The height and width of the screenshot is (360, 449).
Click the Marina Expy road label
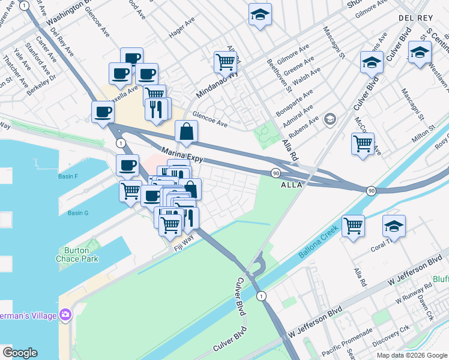coord(182,155)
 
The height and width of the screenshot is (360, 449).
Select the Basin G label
coord(78,213)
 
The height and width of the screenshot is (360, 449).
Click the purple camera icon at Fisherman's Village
coord(65,314)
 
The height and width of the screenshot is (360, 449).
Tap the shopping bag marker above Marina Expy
coord(186,131)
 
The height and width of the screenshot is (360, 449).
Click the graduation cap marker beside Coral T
coord(394,227)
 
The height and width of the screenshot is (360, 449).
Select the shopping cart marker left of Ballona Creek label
coord(354,227)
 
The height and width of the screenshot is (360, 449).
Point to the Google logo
coord(20,353)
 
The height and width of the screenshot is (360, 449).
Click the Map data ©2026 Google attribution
coord(411,355)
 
